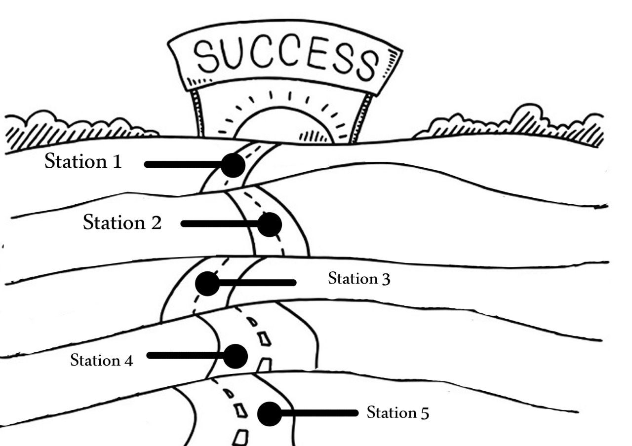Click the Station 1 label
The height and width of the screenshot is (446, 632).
pyautogui.click(x=83, y=161)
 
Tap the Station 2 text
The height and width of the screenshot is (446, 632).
pyautogui.click(x=122, y=222)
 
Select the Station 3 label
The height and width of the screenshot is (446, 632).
pyautogui.click(x=359, y=279)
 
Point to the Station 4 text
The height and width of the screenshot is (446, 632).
pyautogui.click(x=101, y=360)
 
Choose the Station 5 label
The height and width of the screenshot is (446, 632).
pyautogui.click(x=398, y=412)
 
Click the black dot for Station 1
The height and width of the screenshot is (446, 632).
pyautogui.click(x=233, y=165)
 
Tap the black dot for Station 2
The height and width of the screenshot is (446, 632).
pyautogui.click(x=270, y=224)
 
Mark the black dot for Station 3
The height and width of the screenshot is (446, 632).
pyautogui.click(x=207, y=284)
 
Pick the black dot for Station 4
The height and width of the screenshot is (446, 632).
pyautogui.click(x=236, y=356)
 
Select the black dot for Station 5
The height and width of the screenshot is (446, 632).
pyautogui.click(x=270, y=414)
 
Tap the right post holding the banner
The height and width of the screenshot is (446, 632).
pyautogui.click(x=361, y=118)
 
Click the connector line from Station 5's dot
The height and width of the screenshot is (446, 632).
pyautogui.click(x=319, y=413)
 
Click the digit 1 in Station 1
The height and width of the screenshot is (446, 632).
pyautogui.click(x=117, y=162)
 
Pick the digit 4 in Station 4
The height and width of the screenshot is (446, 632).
pyautogui.click(x=128, y=361)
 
